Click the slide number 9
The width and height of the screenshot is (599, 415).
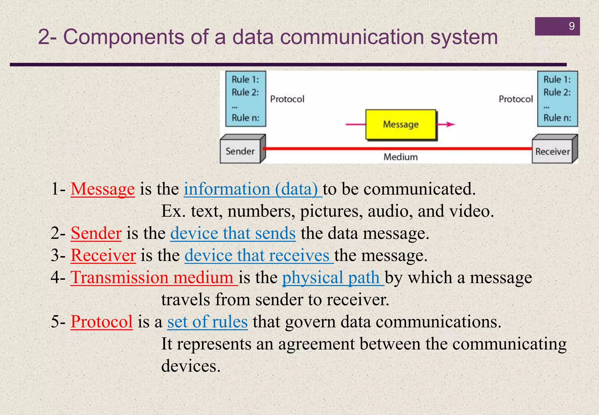click(x=572, y=26)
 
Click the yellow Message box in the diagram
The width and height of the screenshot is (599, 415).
click(x=401, y=125)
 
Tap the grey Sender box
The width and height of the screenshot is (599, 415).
click(x=240, y=151)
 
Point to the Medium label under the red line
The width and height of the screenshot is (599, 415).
click(x=400, y=157)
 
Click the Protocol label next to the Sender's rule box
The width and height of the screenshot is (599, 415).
click(x=287, y=99)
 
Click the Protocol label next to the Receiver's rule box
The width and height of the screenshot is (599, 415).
click(x=516, y=99)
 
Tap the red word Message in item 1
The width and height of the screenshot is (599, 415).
click(x=103, y=189)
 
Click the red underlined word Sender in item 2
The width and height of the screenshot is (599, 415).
click(x=96, y=233)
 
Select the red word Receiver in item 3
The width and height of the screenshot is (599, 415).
click(x=103, y=255)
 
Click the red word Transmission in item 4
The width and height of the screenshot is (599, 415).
click(x=119, y=277)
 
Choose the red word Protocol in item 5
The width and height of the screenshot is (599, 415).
click(x=101, y=322)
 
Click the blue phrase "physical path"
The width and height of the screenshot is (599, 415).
click(x=331, y=277)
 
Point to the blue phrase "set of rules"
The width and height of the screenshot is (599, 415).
click(x=207, y=322)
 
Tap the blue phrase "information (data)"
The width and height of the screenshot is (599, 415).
click(x=251, y=189)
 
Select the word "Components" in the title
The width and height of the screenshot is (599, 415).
click(x=124, y=37)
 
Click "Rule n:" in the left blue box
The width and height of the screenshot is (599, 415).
click(x=245, y=118)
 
